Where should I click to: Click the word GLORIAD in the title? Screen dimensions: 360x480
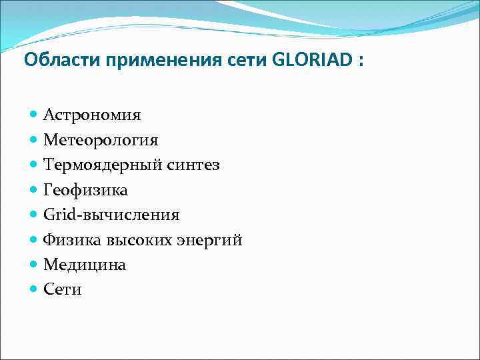pos(312,61)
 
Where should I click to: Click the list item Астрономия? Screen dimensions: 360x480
pos(92,115)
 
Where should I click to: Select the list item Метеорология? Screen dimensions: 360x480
pos(101,140)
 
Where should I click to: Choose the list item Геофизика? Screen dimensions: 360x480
pos(85,190)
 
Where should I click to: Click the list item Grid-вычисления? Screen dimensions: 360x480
pos(111,215)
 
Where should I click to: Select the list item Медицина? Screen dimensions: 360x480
pos(85,265)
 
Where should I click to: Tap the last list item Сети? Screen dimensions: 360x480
pos(63,289)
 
